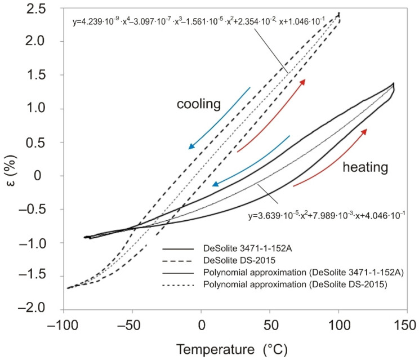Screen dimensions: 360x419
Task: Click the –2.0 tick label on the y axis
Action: click(x=32, y=310)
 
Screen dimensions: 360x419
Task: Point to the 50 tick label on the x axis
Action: click(x=270, y=326)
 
